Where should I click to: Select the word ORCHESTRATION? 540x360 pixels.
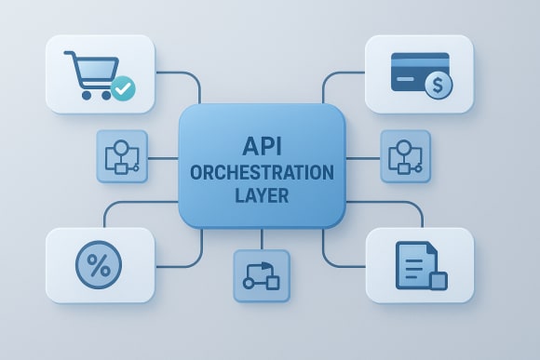tap(261, 173)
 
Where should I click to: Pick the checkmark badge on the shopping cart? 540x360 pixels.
tap(123, 89)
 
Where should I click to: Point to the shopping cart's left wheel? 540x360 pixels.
tap(85, 94)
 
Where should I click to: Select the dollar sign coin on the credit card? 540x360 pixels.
tap(437, 87)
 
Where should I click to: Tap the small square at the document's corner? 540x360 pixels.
tap(438, 281)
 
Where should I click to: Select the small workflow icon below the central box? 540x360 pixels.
tap(261, 275)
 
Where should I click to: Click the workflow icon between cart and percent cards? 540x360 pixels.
tap(122, 155)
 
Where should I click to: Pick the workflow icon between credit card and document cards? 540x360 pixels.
tap(405, 155)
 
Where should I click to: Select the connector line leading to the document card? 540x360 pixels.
tap(391, 202)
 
